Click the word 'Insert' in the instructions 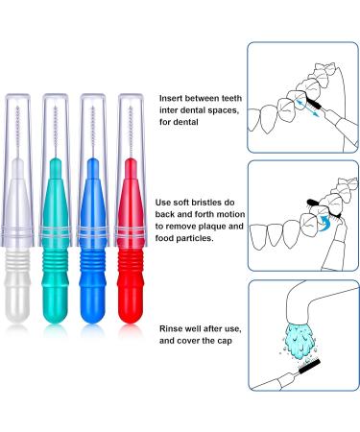[x=173, y=97]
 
